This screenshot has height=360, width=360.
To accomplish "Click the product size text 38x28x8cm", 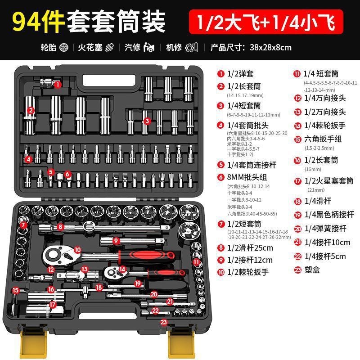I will (x=264, y=47).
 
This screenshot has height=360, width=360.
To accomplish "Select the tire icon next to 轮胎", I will (x=63, y=47).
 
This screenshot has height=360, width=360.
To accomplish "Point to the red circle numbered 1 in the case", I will (x=58, y=84).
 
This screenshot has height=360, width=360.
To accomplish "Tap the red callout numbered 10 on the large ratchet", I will (x=77, y=249).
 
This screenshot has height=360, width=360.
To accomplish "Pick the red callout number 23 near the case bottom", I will (x=163, y=321).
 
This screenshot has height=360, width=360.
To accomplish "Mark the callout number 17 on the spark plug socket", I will (x=53, y=304).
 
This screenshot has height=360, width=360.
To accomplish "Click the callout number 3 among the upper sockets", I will (x=146, y=121).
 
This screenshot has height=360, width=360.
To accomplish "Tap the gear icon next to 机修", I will (x=191, y=47).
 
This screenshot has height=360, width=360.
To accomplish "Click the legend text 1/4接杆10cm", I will (x=327, y=242).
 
